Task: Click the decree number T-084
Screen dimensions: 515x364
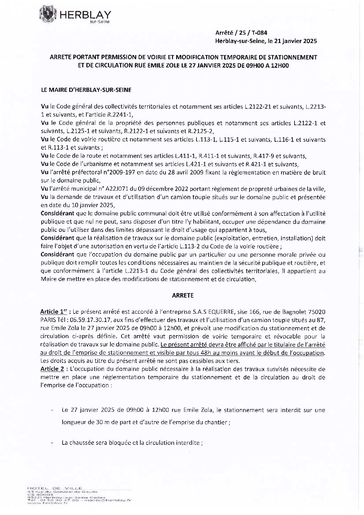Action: (x=258, y=33)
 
